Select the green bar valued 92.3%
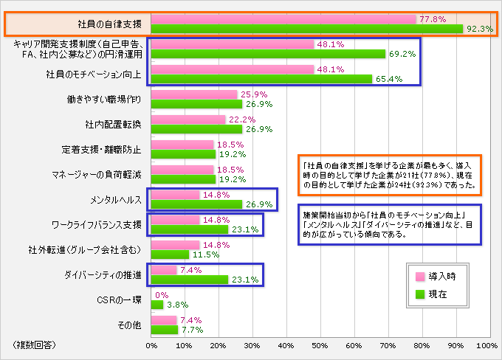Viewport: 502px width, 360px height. [x=307, y=29]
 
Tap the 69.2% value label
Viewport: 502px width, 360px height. [x=402, y=54]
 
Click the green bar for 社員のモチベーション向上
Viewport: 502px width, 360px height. [x=261, y=78]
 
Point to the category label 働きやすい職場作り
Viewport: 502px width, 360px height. [x=108, y=98]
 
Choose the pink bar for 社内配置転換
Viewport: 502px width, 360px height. [x=188, y=119]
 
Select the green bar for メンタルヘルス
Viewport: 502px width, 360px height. [x=196, y=204]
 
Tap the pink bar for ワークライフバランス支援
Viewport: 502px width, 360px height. [x=176, y=220]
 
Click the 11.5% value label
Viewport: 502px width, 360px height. [x=204, y=255]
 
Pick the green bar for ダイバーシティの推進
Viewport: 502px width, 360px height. [x=190, y=280]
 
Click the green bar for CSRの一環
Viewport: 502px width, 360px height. [x=157, y=304]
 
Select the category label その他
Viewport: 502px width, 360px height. [x=130, y=325]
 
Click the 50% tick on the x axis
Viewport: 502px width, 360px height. [x=319, y=345]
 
